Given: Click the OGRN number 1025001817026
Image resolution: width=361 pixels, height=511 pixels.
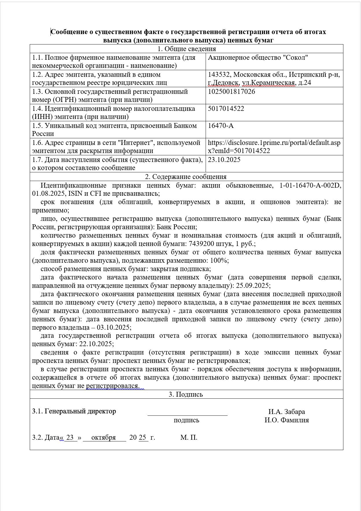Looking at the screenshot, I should click(x=231, y=92).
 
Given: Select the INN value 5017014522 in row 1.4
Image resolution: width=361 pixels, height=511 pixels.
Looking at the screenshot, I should click(x=226, y=109).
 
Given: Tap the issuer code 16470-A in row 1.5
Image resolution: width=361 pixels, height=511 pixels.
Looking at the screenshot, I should click(x=221, y=126).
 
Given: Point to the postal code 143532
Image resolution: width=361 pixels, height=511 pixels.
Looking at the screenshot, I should click(x=219, y=75).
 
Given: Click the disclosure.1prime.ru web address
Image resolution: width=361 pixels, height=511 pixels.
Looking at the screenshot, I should click(x=274, y=147).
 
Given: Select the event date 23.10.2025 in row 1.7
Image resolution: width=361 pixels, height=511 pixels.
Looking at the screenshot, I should click(x=224, y=160).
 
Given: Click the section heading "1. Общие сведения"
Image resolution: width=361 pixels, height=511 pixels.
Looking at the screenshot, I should click(x=187, y=49).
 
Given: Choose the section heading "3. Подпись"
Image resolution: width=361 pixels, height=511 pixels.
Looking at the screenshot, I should click(x=186, y=394).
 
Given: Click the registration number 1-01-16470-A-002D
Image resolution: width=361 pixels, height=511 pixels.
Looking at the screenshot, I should click(x=310, y=185).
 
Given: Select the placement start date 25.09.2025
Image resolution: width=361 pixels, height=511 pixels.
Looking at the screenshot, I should click(x=253, y=286).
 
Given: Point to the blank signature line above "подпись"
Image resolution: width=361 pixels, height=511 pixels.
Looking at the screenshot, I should click(x=187, y=415).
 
